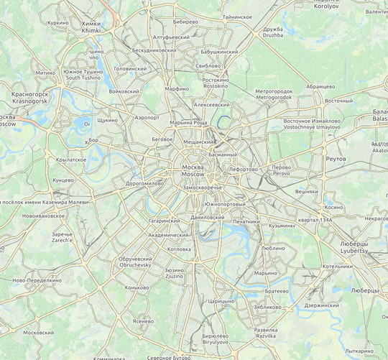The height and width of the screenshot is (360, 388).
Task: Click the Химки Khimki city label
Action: point(92,27)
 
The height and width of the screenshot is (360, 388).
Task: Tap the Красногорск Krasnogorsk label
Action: point(29,98)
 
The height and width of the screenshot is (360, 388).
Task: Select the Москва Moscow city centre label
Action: point(192,171)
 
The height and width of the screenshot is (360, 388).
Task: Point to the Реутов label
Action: point(336,158)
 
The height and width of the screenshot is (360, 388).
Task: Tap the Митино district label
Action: point(45,73)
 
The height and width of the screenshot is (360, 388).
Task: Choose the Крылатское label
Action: point(71,160)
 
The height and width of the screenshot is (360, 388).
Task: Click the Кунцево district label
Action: point(63,180)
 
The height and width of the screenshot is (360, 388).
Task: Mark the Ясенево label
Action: point(144,321)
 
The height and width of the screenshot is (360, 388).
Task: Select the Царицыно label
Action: point(221,302)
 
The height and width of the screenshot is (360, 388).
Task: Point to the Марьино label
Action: point(266,273)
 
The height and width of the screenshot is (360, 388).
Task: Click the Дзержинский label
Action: point(320,305)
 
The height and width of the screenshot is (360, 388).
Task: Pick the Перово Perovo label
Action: point(281,170)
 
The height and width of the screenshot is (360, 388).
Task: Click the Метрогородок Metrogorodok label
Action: point(274,94)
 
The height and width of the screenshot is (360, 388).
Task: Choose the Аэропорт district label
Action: point(147,116)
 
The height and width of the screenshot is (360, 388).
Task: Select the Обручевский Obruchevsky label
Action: point(135,262)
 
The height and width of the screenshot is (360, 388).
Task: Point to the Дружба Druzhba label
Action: point(273,32)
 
